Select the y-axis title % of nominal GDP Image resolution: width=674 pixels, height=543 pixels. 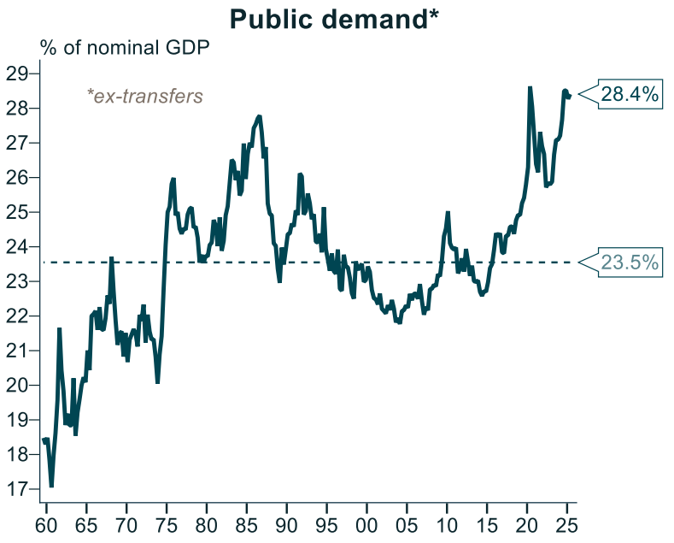click(125, 47)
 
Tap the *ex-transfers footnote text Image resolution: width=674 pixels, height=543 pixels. click(145, 96)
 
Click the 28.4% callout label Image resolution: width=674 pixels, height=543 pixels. click(630, 94)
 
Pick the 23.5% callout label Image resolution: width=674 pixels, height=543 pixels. click(630, 263)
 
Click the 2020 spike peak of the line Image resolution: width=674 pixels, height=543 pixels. click(530, 87)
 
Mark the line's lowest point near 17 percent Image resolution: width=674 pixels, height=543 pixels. click(51, 487)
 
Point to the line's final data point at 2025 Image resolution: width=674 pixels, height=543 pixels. click(570, 95)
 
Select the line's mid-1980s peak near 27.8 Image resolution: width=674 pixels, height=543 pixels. click(259, 115)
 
